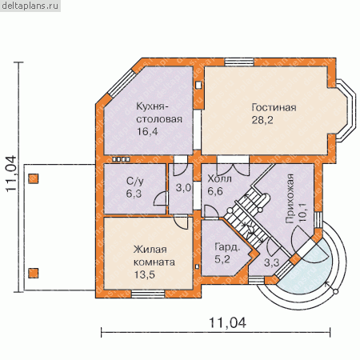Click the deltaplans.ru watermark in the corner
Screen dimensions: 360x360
30,6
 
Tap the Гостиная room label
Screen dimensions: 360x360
274,107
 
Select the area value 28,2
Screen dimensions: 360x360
262,120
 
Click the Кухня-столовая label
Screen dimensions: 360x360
159,113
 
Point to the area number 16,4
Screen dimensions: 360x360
147,131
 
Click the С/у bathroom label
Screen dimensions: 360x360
134,182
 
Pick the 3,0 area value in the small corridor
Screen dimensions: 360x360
183,188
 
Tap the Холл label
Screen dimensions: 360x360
219,178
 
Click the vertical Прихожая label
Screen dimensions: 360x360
290,198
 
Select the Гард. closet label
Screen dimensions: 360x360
227,247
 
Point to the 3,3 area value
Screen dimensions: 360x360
272,263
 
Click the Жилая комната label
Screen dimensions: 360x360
154,256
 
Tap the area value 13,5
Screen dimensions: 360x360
144,274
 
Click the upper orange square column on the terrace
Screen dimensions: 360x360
34,178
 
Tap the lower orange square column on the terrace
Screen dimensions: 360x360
34,274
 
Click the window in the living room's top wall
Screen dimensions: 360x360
239,62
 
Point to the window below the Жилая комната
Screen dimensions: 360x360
148,294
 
